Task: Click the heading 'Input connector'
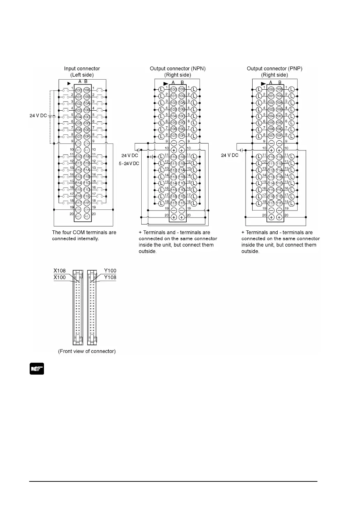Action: click(82, 69)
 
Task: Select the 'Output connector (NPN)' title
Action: click(178, 69)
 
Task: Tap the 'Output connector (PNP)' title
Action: click(275, 69)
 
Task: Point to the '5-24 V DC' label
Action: click(129, 163)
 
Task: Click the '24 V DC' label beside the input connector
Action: click(38, 116)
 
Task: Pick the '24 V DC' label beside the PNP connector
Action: click(230, 155)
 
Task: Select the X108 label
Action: click(60, 271)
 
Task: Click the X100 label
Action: click(60, 278)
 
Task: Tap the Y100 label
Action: click(110, 271)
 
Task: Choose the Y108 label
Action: click(110, 278)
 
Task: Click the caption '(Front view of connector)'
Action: click(87, 351)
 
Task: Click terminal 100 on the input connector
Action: click(78, 90)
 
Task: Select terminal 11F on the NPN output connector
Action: click(182, 203)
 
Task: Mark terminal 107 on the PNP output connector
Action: click(271, 136)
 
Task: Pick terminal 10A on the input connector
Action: click(87, 103)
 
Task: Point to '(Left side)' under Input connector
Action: click(82, 75)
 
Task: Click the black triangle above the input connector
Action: click(69, 83)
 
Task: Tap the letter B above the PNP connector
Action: click(280, 83)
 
